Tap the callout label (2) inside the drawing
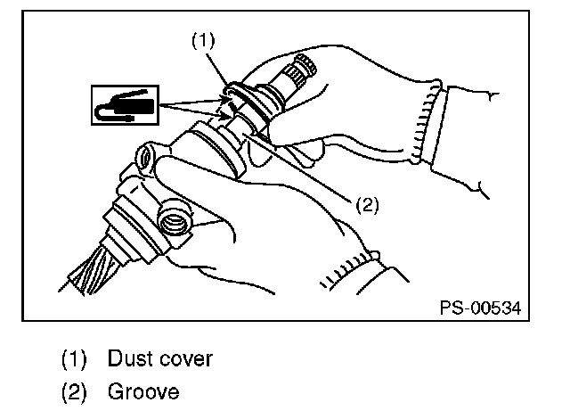[x=367, y=205]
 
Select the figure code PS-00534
[x=479, y=308]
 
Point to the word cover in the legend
[x=185, y=359]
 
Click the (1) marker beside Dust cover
[x=75, y=359]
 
